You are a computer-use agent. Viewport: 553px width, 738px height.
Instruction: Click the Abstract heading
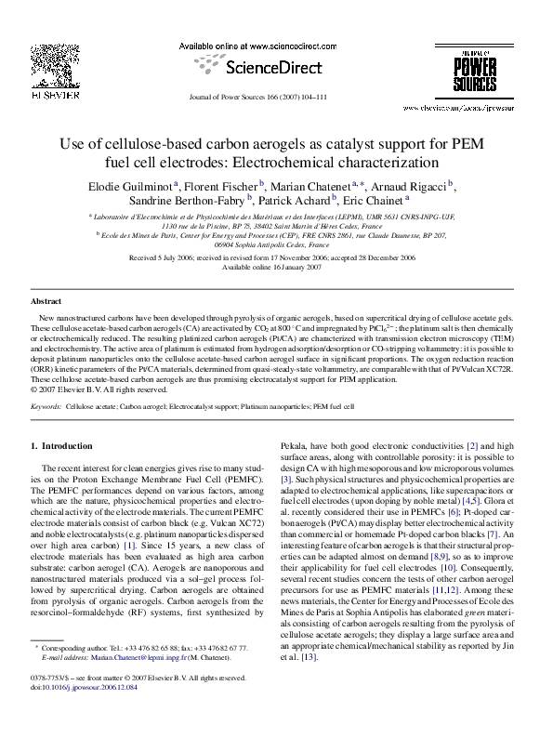coord(46,302)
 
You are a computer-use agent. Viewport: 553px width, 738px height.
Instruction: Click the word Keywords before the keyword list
coord(46,407)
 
